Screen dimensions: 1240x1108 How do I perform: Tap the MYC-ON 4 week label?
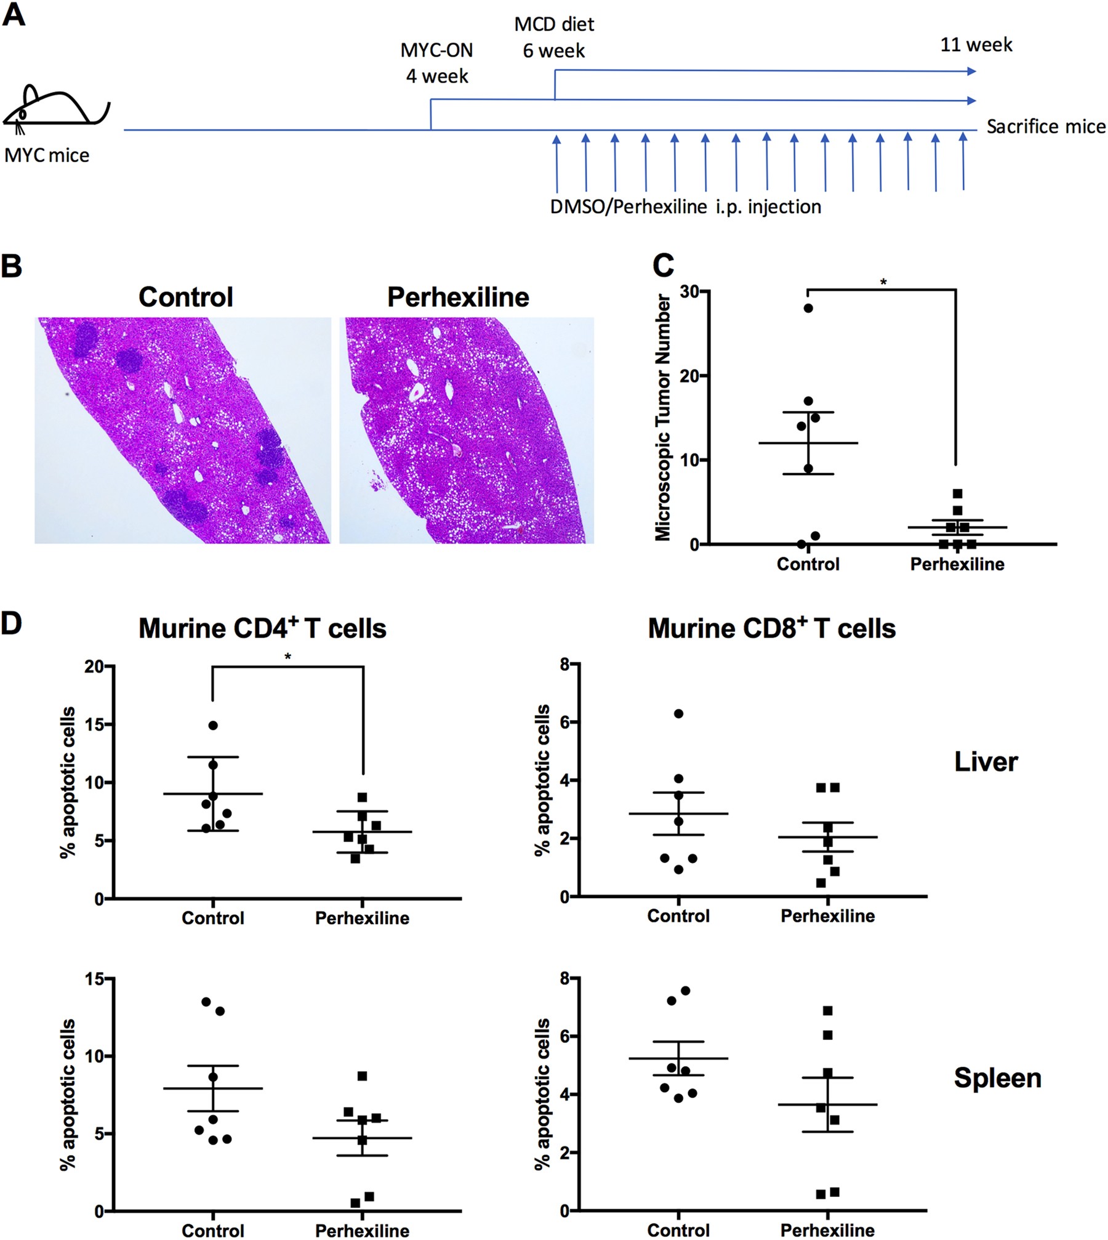tap(436, 63)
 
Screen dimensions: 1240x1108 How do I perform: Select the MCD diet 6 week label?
tap(554, 37)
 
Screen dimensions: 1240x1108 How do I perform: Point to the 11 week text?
tap(976, 44)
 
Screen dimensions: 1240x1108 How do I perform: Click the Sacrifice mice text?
tap(1046, 126)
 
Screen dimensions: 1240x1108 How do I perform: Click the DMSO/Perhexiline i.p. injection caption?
tap(686, 206)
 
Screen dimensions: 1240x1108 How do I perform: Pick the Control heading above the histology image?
tap(185, 297)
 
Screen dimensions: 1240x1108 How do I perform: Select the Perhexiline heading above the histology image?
tap(458, 297)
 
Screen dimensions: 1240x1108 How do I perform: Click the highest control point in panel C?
tap(808, 308)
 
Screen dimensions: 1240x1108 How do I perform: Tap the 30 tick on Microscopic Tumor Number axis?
tap(690, 291)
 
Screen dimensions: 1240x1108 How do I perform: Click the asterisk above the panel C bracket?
tap(883, 283)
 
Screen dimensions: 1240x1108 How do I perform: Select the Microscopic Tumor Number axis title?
tap(663, 418)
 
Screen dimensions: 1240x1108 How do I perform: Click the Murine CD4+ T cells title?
tap(262, 628)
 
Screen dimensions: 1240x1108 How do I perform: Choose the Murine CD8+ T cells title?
tap(771, 628)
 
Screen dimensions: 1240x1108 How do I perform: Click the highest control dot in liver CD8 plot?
tap(678, 713)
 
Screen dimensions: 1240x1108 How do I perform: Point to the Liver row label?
tap(986, 762)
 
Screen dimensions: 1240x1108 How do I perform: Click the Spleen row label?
tap(997, 1078)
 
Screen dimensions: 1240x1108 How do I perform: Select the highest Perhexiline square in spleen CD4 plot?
tap(362, 1076)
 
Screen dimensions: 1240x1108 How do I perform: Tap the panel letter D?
tap(12, 623)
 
